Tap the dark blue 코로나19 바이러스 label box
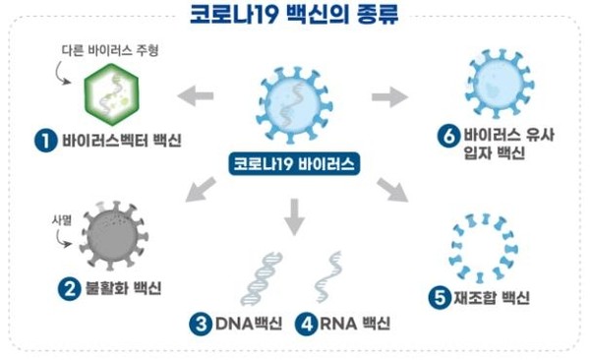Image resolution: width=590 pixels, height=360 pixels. pos(294,163)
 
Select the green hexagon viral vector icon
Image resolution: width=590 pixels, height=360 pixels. pos(107,96)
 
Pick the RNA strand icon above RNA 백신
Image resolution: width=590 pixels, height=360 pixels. pos(329,276)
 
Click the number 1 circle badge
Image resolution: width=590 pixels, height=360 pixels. pos(43,142)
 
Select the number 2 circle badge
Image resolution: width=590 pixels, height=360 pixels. pos(70,289)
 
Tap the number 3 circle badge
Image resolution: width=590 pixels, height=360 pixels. pos(202,324)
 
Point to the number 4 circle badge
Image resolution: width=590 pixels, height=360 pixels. pos(306,324)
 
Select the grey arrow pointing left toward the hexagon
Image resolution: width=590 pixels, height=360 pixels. pos(195,94)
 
